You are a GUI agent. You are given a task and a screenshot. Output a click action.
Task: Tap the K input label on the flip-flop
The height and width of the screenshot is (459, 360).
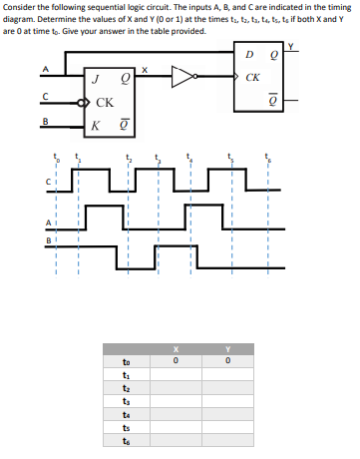click(94, 125)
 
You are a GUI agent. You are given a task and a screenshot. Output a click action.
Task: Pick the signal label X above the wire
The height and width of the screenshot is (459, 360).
click(145, 70)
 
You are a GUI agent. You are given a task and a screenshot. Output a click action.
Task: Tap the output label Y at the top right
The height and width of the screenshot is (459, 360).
click(290, 44)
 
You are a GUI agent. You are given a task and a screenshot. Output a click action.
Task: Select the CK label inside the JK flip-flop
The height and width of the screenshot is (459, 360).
click(104, 103)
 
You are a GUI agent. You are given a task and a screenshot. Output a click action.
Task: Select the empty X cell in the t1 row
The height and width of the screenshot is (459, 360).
click(175, 374)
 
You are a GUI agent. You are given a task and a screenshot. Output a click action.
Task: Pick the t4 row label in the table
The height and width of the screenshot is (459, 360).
click(125, 414)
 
